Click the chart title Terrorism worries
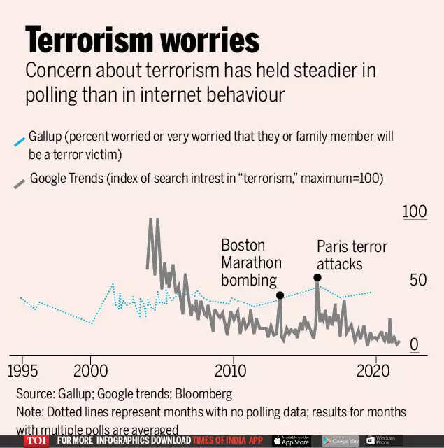point(141,40)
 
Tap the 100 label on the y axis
point(415,211)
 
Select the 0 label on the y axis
point(413,344)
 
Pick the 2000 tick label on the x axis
point(91,370)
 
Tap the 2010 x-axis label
point(231,370)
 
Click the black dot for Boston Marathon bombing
point(280,295)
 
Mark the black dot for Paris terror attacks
point(317,277)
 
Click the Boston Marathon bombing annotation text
point(251,263)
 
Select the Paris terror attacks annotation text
point(351,255)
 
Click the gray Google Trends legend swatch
point(20,182)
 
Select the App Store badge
point(292,441)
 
